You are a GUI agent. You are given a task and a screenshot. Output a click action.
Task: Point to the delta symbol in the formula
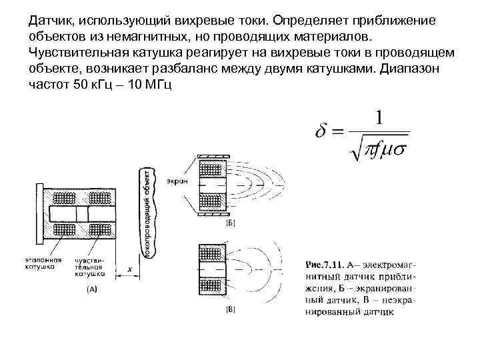[x=323, y=131]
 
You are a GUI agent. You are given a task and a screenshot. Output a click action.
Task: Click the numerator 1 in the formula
[x=379, y=118]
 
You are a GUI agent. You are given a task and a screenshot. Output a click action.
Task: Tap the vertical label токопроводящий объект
[x=145, y=213]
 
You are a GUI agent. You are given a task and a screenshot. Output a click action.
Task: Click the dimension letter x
[x=130, y=269]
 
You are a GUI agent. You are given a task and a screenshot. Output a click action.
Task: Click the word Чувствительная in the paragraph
[x=74, y=52]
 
